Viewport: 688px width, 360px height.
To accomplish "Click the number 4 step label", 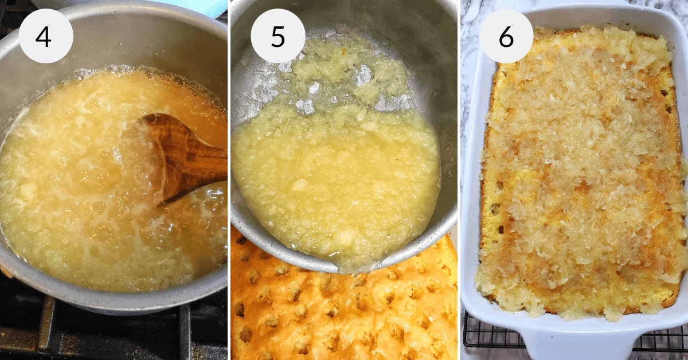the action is click(x=44, y=37).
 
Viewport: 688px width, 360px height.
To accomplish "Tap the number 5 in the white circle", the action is click(x=277, y=37).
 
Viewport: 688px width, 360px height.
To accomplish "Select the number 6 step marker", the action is click(x=506, y=37).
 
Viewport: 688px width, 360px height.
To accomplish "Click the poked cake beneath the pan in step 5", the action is click(x=341, y=314).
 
